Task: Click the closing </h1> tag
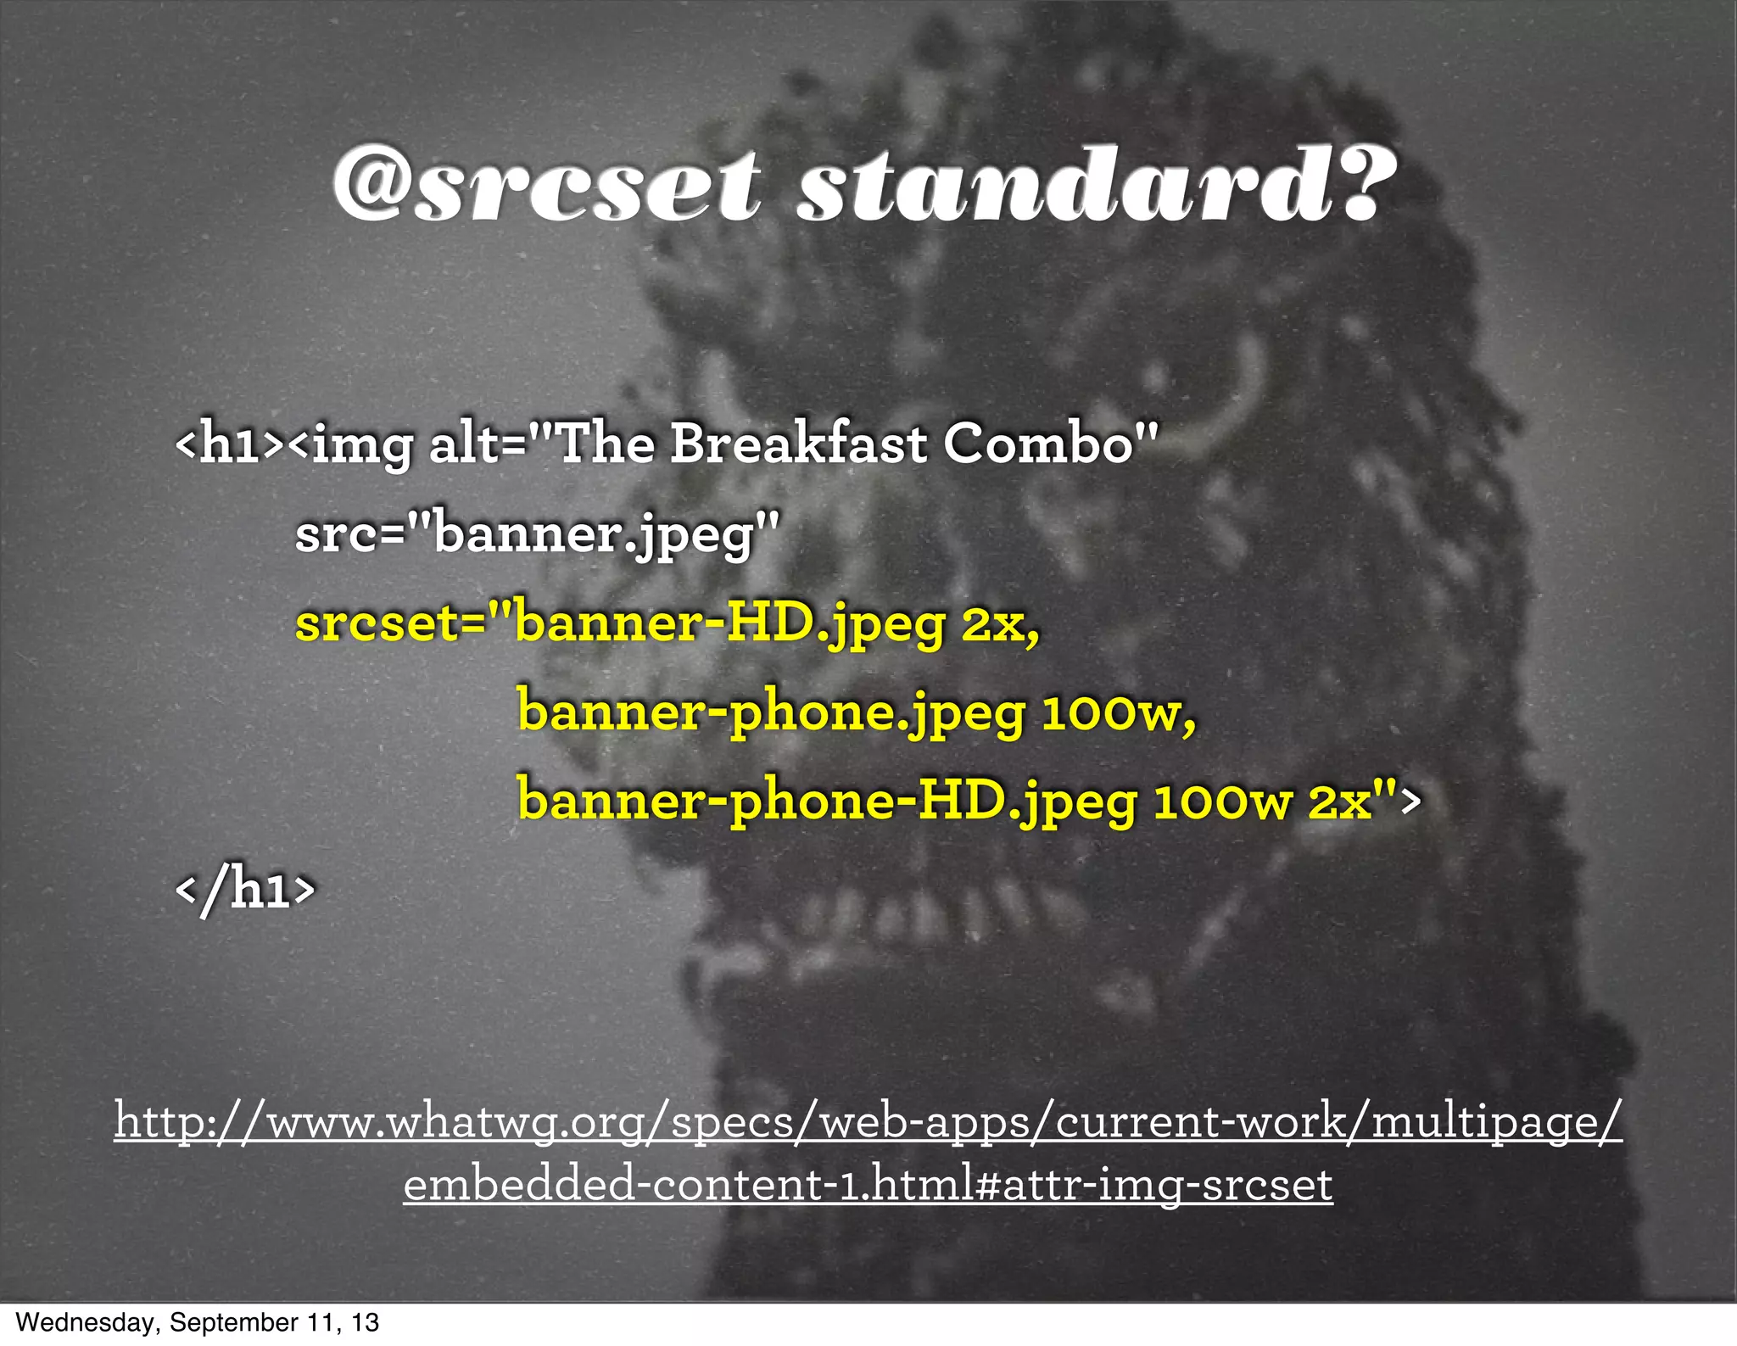[245, 891]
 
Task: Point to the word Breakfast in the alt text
[798, 444]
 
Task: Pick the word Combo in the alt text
[1039, 444]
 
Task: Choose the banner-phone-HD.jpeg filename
[827, 801]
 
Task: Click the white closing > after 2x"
[1409, 801]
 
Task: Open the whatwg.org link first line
[868, 1122]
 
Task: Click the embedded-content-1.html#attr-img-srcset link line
[868, 1185]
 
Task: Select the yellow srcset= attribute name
[389, 625]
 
